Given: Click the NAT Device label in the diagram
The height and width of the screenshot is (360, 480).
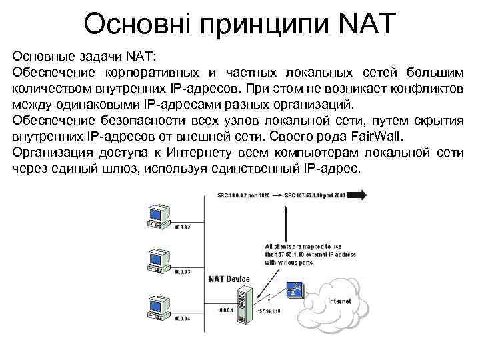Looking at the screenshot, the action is click(x=229, y=279).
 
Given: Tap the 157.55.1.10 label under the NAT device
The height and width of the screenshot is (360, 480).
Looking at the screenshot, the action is click(x=269, y=311).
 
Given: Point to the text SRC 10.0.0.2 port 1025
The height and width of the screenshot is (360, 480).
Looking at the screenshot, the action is click(x=244, y=196).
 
